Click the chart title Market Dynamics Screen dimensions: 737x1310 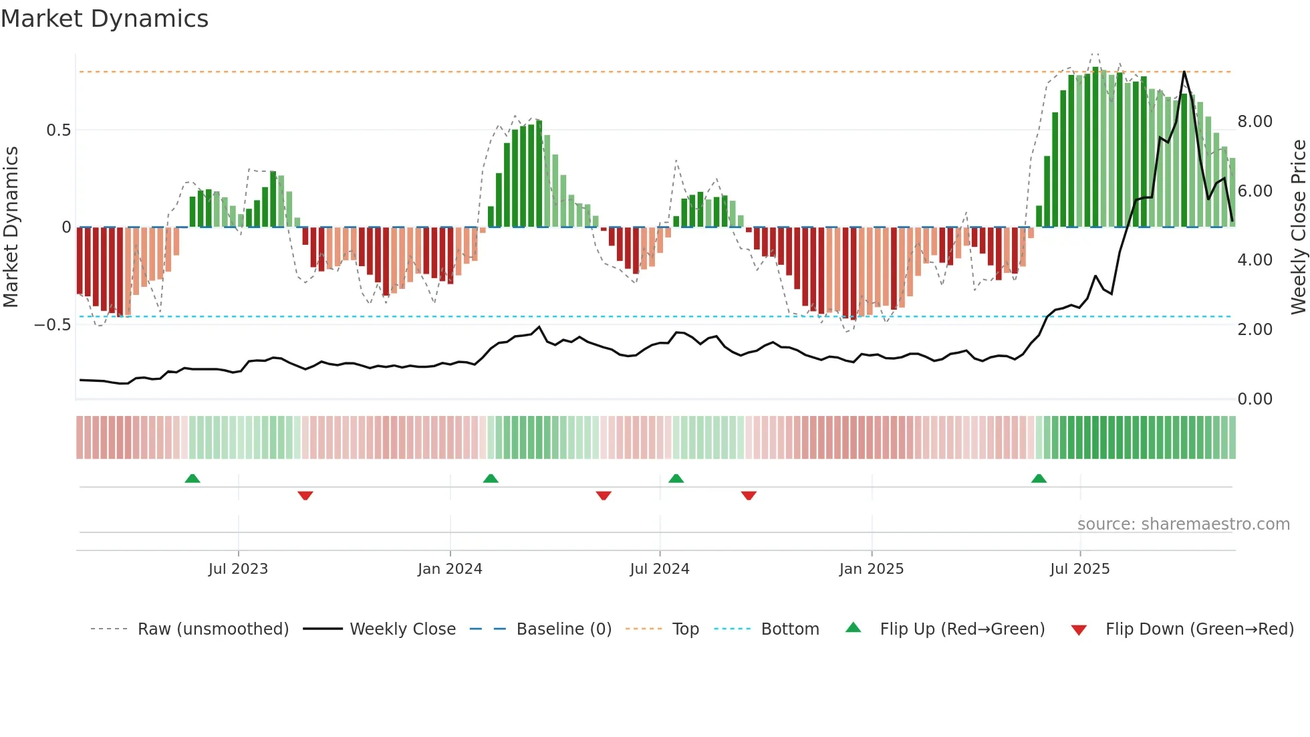(x=104, y=19)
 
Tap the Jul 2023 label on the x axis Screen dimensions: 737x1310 (x=238, y=569)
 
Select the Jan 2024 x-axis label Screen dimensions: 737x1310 (x=450, y=569)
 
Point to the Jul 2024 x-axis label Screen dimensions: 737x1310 (x=659, y=569)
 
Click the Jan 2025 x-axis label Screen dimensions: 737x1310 (x=871, y=569)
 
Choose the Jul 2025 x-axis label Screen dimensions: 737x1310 (x=1079, y=569)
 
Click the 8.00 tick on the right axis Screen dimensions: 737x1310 (x=1255, y=122)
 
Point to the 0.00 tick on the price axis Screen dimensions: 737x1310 (x=1255, y=399)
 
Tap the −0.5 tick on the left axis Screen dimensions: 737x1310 (x=52, y=325)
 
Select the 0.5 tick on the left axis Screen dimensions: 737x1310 (x=58, y=130)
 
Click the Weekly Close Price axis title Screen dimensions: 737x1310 (x=1298, y=227)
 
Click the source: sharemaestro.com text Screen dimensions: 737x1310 (x=1183, y=524)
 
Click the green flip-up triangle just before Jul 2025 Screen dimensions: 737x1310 (x=1039, y=479)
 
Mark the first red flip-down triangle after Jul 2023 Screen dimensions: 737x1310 (x=305, y=495)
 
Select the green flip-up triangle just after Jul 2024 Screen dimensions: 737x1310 (x=676, y=479)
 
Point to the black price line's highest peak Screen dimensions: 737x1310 (x=1184, y=72)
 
